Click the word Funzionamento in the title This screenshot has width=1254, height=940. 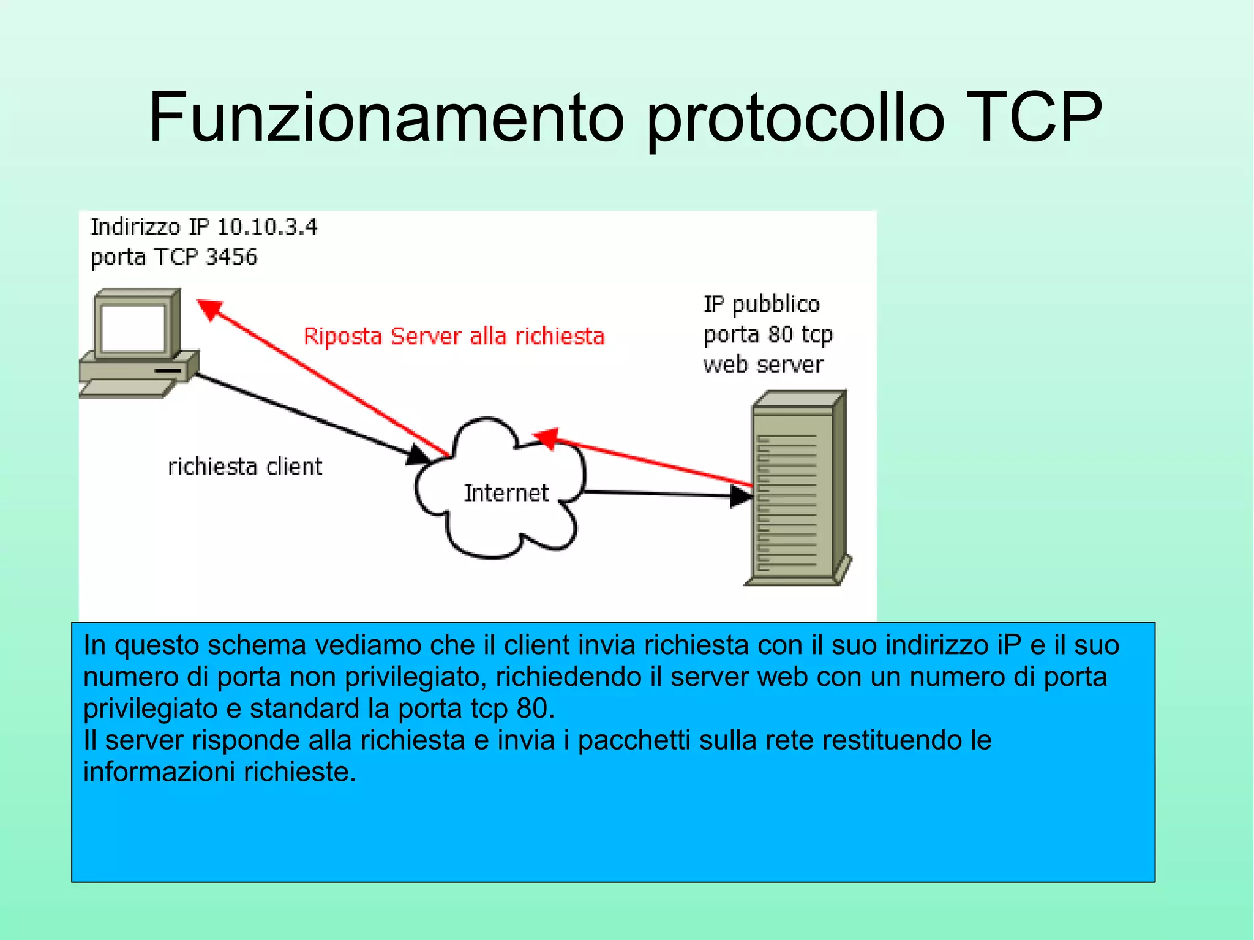386,118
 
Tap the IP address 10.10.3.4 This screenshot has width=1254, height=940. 267,227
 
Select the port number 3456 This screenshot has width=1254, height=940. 231,257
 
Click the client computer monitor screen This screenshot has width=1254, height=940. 133,327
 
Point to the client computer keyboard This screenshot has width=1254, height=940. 127,388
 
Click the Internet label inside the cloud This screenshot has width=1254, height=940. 506,493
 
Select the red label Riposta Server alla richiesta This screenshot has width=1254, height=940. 454,336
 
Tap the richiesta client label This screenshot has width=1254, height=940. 245,467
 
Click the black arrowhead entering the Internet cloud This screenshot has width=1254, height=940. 419,455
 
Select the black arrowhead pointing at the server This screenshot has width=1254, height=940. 741,495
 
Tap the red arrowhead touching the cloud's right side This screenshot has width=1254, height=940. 546,438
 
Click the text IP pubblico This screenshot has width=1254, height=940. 761,304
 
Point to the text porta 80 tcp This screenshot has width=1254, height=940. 768,335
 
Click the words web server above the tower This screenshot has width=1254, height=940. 763,365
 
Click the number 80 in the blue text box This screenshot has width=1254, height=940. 531,709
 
